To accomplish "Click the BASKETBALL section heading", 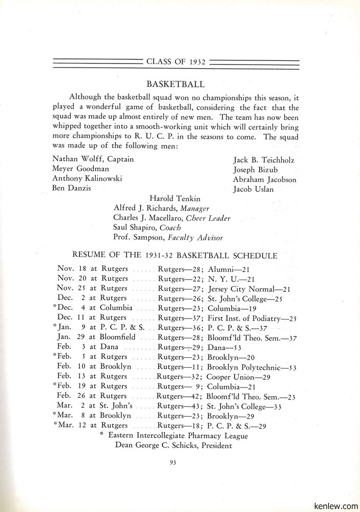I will point(176,83).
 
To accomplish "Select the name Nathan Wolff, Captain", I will point(93,159).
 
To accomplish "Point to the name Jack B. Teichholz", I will point(264,160).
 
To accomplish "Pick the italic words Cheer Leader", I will point(208,218).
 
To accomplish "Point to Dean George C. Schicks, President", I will point(174,445).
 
